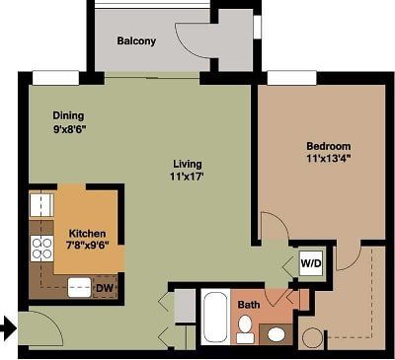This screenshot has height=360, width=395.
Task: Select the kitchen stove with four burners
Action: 41,248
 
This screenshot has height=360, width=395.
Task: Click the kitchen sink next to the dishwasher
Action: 79,287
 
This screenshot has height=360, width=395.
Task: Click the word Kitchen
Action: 86,233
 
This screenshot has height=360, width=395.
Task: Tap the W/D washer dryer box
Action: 311,264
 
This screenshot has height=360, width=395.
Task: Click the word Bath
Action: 250,305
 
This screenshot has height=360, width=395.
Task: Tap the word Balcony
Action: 136,41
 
